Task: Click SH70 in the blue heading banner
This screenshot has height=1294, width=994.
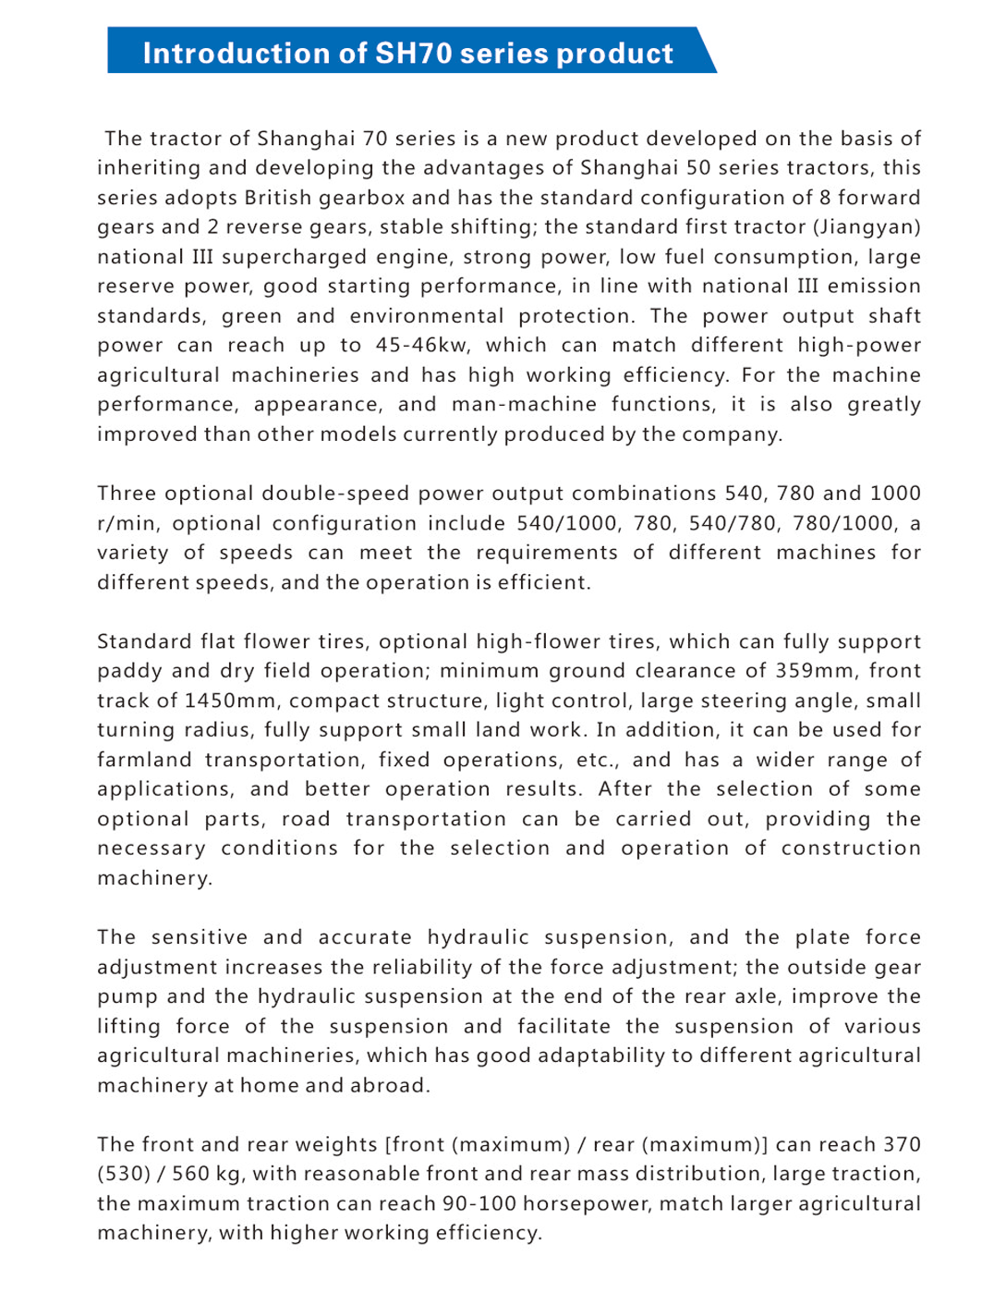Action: click(x=413, y=53)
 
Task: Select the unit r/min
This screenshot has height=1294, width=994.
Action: click(x=128, y=524)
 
